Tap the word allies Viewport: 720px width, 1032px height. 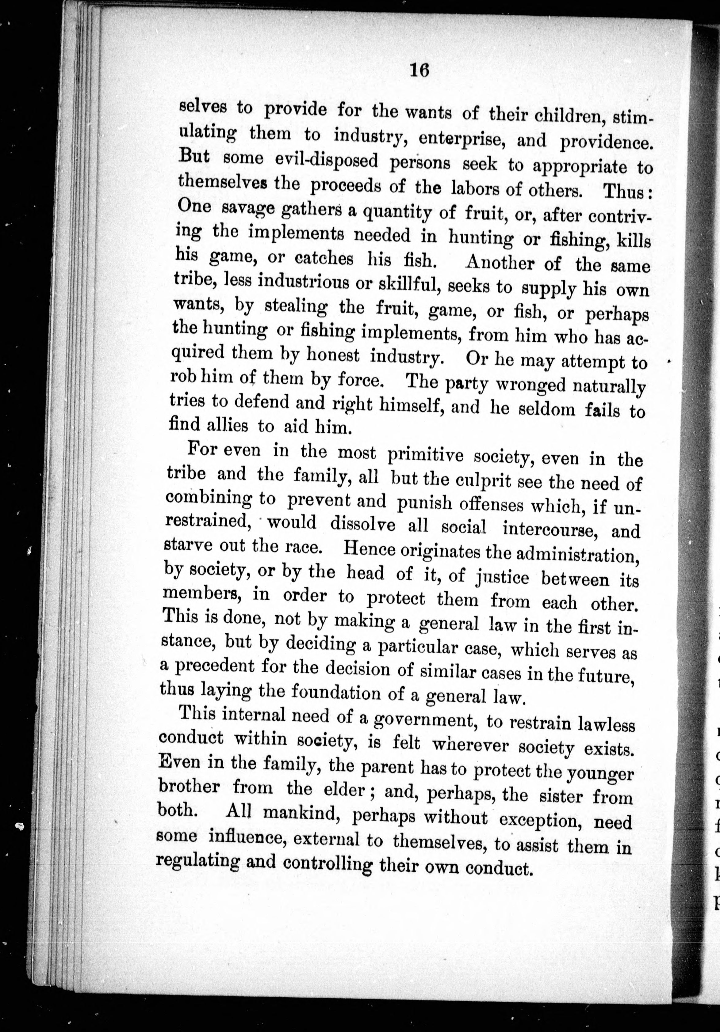[x=221, y=424]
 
